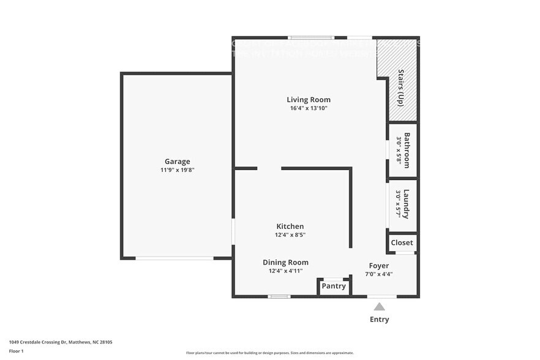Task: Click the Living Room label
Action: [x=309, y=100]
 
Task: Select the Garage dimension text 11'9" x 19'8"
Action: [x=177, y=170]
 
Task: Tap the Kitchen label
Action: [x=290, y=227]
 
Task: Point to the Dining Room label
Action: [x=285, y=262]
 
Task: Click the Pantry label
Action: [x=334, y=286]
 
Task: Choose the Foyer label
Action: [x=378, y=266]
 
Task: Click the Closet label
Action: [x=402, y=242]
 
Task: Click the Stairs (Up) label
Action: [x=401, y=88]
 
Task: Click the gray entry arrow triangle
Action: [x=380, y=307]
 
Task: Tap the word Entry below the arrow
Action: [x=379, y=319]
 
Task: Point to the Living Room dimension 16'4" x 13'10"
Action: [x=309, y=108]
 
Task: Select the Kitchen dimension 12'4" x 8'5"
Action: [x=290, y=234]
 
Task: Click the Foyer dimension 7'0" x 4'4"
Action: [x=378, y=274]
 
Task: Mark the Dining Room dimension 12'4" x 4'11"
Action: [x=285, y=271]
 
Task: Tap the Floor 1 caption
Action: [x=16, y=351]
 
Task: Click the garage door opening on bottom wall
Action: [x=174, y=258]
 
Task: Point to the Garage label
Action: [x=177, y=162]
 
